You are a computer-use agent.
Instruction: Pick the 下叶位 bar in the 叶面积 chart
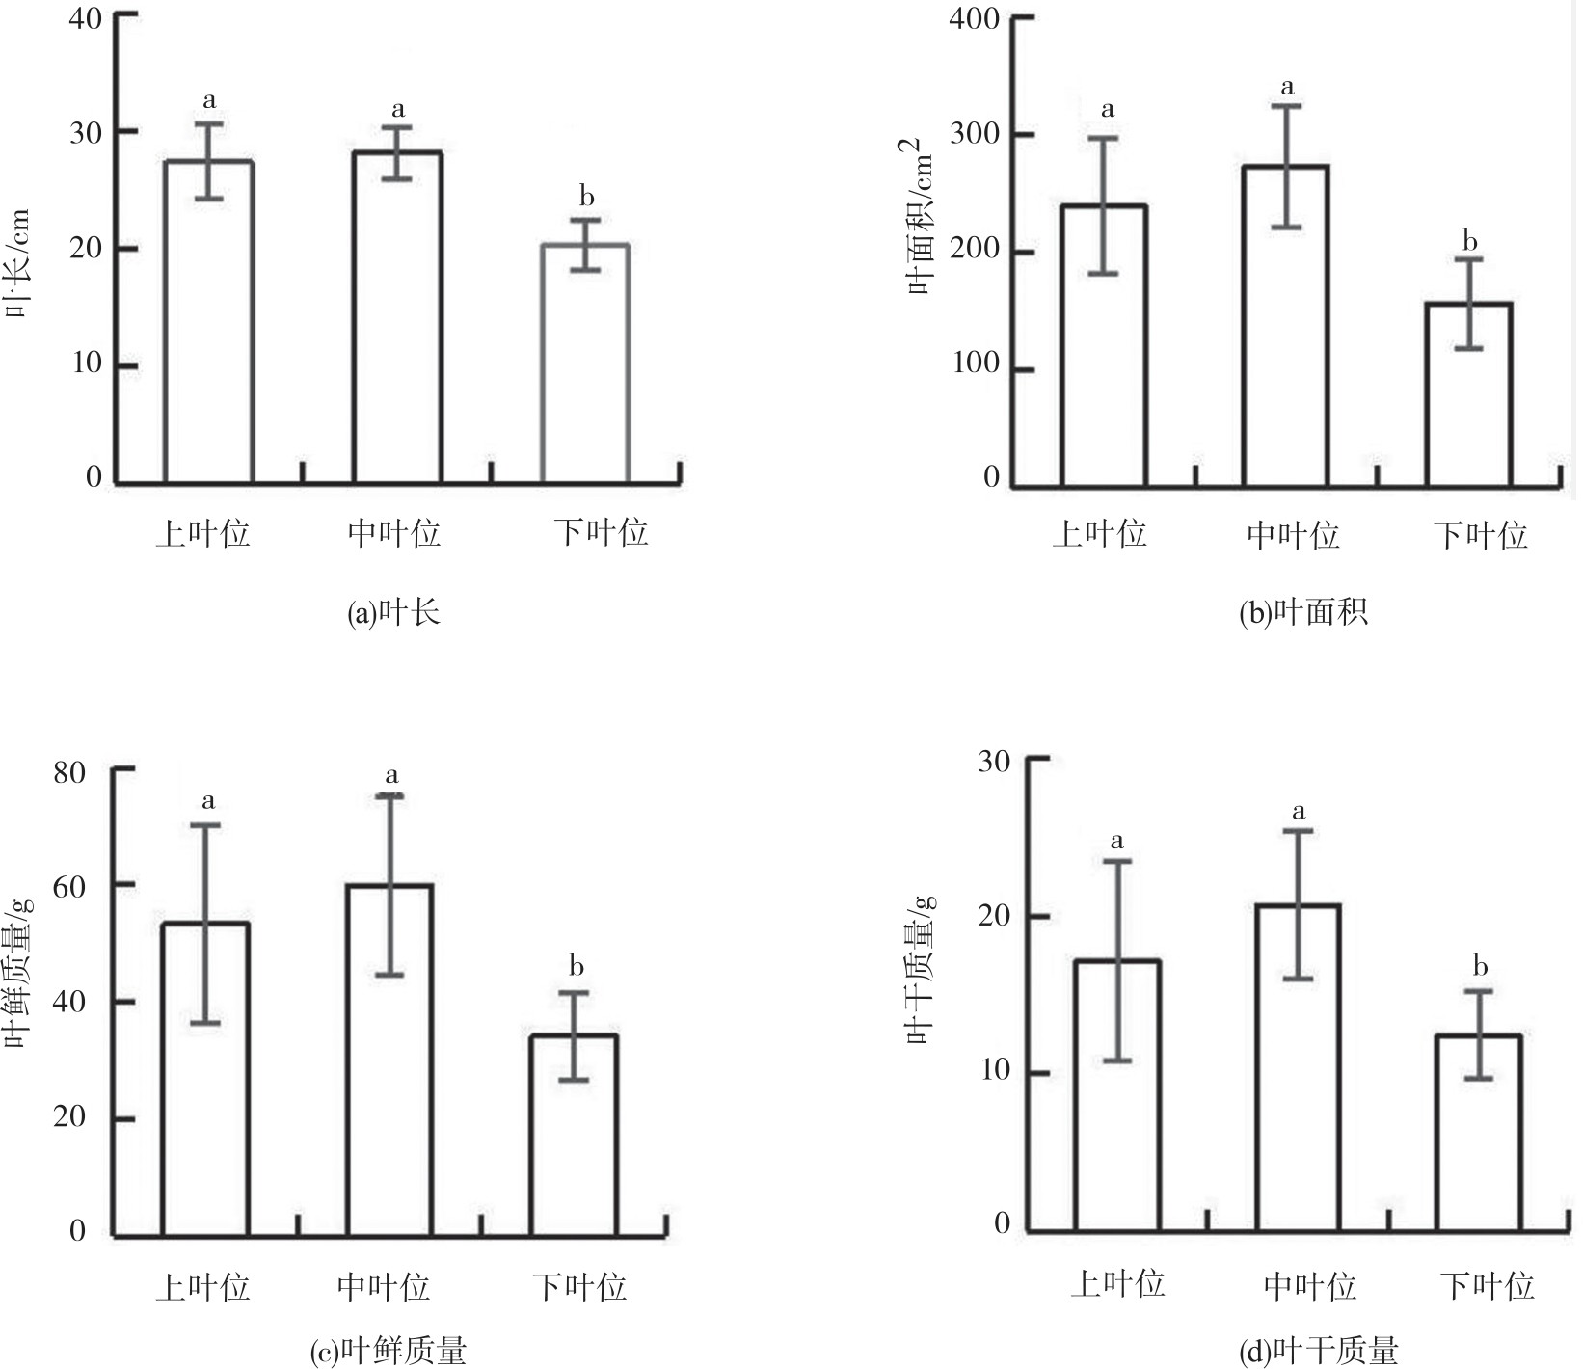[x=1468, y=394]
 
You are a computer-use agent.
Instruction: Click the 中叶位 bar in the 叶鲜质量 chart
[x=390, y=1060]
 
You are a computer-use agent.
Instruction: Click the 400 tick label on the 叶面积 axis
[x=974, y=18]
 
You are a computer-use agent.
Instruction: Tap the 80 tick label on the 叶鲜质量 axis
[x=69, y=772]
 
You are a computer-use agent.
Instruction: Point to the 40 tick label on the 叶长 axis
[x=86, y=16]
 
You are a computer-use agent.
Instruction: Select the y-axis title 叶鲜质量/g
[x=19, y=974]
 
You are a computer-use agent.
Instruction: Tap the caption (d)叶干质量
[x=1318, y=1351]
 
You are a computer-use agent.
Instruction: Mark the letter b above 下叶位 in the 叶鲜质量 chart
[x=577, y=966]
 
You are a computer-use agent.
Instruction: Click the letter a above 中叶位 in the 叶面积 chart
[x=1287, y=88]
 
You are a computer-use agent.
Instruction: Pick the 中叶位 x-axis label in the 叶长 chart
[x=393, y=533]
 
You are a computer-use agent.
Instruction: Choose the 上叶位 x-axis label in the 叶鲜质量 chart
[x=202, y=1287]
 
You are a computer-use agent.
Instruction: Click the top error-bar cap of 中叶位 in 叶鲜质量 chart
[x=390, y=795]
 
